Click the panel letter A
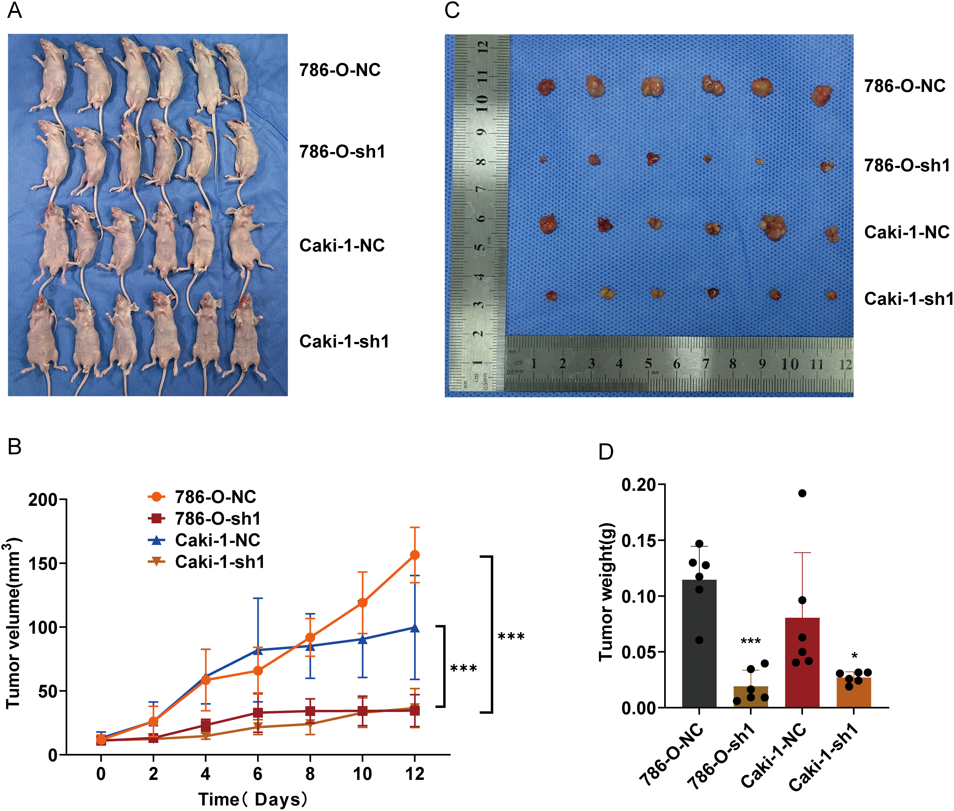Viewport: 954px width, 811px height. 15,10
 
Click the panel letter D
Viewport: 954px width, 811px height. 606,452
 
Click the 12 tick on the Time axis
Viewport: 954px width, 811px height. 414,774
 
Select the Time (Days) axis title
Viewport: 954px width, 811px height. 253,800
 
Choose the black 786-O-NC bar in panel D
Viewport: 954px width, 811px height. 699,644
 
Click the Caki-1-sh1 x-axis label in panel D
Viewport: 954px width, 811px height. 824,756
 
